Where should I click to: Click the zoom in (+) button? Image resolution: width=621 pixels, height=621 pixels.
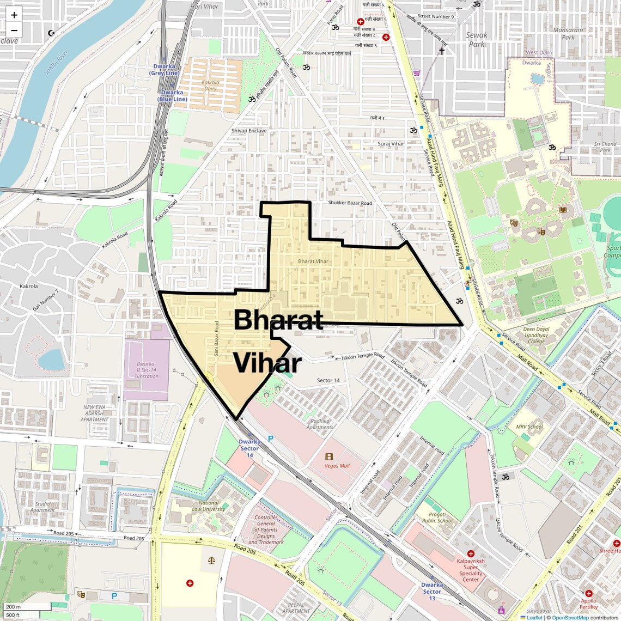pyautogui.click(x=14, y=15)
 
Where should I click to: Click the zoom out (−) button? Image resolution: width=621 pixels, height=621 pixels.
pyautogui.click(x=14, y=31)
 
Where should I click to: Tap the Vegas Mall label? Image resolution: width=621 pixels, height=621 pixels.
pyautogui.click(x=337, y=466)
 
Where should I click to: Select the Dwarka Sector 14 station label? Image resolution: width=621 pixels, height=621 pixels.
pyautogui.click(x=249, y=448)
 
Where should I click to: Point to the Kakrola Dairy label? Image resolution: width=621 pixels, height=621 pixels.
pyautogui.click(x=210, y=86)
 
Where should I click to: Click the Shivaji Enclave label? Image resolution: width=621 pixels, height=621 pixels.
pyautogui.click(x=249, y=131)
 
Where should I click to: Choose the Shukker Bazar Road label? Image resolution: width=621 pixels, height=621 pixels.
pyautogui.click(x=350, y=203)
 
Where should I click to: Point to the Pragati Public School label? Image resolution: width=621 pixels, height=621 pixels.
pyautogui.click(x=437, y=517)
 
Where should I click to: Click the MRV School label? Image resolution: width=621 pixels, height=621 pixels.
pyautogui.click(x=529, y=427)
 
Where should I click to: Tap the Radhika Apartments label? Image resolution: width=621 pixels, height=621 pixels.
pyautogui.click(x=320, y=424)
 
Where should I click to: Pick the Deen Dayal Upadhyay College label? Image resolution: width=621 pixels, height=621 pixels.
pyautogui.click(x=536, y=335)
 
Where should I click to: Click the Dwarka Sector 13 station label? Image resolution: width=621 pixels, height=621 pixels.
pyautogui.click(x=431, y=592)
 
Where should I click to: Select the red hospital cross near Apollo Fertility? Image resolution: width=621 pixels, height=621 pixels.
pyautogui.click(x=589, y=593)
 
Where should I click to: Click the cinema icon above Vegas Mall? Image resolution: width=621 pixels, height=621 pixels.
pyautogui.click(x=329, y=456)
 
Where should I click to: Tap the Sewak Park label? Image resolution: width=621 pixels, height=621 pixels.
pyautogui.click(x=477, y=40)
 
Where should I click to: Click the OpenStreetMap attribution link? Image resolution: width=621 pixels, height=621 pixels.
pyautogui.click(x=570, y=617)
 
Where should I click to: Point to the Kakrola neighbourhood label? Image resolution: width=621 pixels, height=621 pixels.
pyautogui.click(x=28, y=286)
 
